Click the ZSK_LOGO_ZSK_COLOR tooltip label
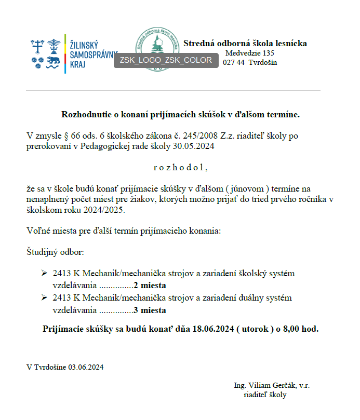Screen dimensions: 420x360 166,60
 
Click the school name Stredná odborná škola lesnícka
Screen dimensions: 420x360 245,43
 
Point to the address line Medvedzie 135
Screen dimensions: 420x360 249,53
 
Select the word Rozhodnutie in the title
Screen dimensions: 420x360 84,114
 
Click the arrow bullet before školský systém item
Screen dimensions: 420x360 44,273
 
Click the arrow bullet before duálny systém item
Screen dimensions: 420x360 44,298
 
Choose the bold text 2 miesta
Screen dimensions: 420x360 150,285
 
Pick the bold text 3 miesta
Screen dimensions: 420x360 150,310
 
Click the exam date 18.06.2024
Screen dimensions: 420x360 212,329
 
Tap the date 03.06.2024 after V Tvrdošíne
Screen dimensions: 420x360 85,367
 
